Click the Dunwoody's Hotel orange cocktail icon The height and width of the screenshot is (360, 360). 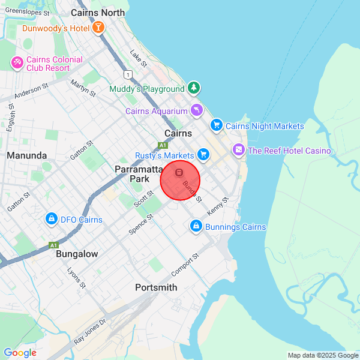[98, 28]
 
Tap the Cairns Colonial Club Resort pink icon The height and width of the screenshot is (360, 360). [17, 62]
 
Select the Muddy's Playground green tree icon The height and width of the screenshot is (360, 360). [193, 88]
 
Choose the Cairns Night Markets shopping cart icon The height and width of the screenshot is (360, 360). [216, 125]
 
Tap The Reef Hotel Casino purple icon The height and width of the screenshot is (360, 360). [239, 150]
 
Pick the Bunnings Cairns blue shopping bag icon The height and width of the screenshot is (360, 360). [195, 227]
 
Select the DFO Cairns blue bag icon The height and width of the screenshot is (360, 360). [52, 220]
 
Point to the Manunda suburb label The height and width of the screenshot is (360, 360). [27, 155]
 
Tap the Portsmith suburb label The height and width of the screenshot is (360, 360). [156, 287]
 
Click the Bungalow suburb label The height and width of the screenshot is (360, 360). [77, 254]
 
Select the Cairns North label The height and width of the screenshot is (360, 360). [98, 13]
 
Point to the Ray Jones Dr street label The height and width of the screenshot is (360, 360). [89, 331]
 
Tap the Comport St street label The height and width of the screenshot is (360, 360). [185, 263]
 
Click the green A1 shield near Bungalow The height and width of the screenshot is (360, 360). [53, 245]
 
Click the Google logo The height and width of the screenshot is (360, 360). [20, 353]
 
